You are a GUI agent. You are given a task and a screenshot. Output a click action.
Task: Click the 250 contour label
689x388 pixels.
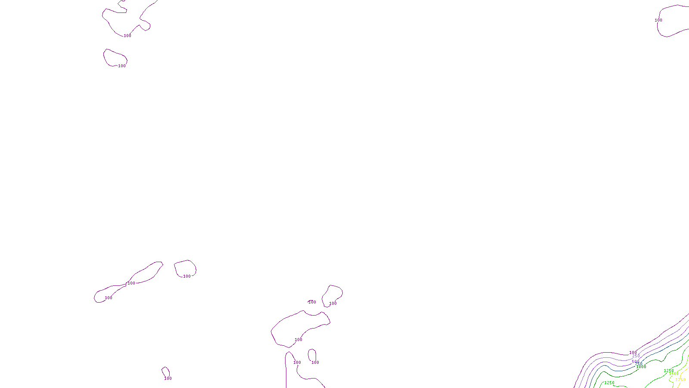[636, 356]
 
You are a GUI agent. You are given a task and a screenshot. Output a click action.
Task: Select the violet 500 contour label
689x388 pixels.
[635, 362]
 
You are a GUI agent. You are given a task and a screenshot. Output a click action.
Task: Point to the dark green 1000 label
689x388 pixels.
[641, 367]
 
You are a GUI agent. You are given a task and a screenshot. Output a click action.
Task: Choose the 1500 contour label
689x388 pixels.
[674, 374]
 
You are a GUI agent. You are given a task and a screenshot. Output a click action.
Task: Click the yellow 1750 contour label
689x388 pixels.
[680, 380]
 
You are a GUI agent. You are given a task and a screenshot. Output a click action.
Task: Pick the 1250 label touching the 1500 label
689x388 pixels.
[668, 371]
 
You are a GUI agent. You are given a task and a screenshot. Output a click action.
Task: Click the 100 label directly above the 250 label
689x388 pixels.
[633, 353]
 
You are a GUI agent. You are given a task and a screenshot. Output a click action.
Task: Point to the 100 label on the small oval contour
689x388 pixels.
[122, 66]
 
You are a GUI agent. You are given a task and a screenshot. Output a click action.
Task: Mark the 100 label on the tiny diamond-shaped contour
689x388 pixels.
[168, 379]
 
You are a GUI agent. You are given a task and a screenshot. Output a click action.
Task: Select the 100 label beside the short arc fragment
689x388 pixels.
[312, 302]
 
